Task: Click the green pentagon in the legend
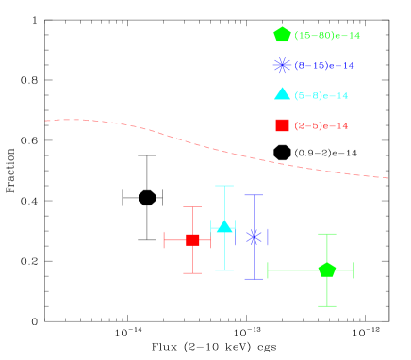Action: click(282, 35)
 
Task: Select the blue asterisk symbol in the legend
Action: click(282, 65)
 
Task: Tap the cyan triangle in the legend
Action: click(282, 93)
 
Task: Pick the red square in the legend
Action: click(282, 125)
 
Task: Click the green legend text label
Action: click(327, 36)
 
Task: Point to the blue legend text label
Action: click(324, 66)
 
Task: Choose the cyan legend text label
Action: click(321, 96)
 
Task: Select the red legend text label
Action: click(321, 126)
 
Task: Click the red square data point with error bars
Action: click(192, 239)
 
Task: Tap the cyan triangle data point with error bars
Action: click(224, 226)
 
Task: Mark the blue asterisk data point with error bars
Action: click(254, 237)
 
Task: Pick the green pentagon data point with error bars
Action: click(327, 270)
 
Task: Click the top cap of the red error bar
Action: click(192, 207)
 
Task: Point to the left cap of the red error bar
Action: click(165, 239)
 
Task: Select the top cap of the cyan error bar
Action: click(224, 186)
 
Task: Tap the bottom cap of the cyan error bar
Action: click(224, 270)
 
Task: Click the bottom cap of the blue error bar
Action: click(254, 279)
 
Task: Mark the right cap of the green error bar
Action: click(353, 270)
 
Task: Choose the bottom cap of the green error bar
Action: click(327, 305)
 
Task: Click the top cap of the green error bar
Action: click(327, 234)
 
